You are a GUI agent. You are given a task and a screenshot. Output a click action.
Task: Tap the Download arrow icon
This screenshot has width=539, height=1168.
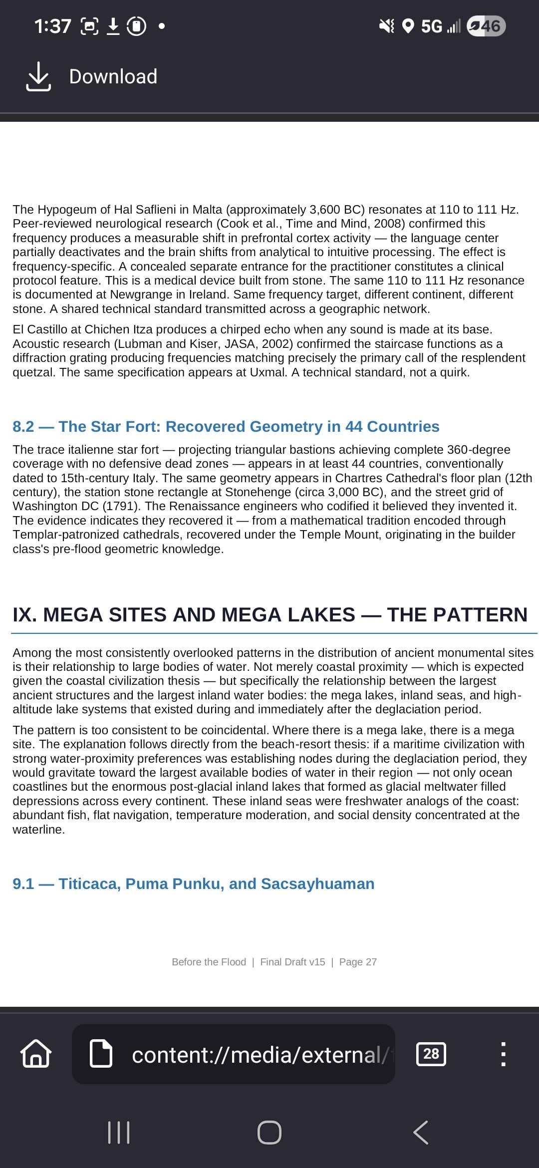pyautogui.click(x=38, y=77)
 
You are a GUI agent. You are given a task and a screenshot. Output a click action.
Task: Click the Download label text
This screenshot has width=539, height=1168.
pyautogui.click(x=113, y=77)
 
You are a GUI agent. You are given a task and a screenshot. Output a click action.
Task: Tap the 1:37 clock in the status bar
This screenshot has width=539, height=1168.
pyautogui.click(x=52, y=26)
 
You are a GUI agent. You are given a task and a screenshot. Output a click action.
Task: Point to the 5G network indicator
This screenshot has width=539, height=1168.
pyautogui.click(x=431, y=26)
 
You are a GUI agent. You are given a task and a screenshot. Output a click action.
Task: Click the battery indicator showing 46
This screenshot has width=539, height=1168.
pyautogui.click(x=486, y=26)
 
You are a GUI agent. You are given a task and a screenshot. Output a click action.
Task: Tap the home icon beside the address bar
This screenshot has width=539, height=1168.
pyautogui.click(x=35, y=1054)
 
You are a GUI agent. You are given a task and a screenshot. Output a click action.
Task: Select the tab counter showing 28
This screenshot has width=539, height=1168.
pyautogui.click(x=431, y=1054)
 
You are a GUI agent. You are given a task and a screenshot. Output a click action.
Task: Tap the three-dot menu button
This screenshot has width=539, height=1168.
pyautogui.click(x=503, y=1054)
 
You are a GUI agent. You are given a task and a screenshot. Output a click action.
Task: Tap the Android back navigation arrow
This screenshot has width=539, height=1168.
pyautogui.click(x=421, y=1132)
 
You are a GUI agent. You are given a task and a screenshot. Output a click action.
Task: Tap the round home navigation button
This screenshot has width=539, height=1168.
pyautogui.click(x=269, y=1132)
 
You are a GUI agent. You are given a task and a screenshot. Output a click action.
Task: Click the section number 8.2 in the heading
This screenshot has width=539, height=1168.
pyautogui.click(x=23, y=427)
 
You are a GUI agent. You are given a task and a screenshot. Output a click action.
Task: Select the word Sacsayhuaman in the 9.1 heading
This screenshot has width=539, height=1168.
pyautogui.click(x=317, y=884)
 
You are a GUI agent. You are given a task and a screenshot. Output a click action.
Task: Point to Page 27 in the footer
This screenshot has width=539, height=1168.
pyautogui.click(x=358, y=962)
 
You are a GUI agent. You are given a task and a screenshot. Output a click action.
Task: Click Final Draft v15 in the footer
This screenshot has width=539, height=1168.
pyautogui.click(x=292, y=962)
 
